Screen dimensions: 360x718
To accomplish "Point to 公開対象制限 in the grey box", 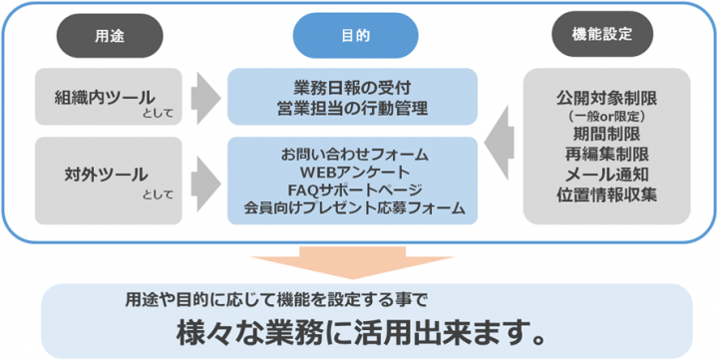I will [607, 99].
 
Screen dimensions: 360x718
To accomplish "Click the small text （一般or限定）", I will [607, 117].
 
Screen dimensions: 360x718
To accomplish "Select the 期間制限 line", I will [607, 135].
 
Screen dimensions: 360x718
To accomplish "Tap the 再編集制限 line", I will [607, 155].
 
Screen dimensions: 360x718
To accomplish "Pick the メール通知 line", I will [607, 175].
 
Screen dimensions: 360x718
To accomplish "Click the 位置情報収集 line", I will [607, 194].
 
